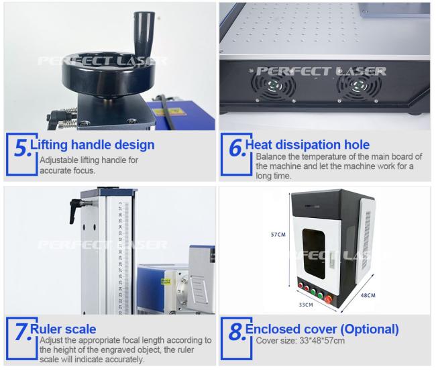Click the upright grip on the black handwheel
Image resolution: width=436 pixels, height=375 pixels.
click(144, 34)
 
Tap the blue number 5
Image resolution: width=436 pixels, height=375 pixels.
click(21, 148)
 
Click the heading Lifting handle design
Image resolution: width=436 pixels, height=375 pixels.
click(93, 145)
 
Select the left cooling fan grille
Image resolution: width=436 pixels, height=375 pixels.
click(274, 86)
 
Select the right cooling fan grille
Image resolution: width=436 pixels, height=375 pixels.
click(359, 86)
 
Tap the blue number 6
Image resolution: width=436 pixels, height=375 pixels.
click(237, 148)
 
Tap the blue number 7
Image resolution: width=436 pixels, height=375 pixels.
click(22, 332)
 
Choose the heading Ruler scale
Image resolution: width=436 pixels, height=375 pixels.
click(63, 329)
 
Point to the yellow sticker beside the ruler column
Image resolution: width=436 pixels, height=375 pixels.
click(166, 282)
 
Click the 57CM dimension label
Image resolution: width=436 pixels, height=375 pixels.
click(278, 235)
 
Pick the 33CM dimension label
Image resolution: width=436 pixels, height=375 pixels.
click(306, 305)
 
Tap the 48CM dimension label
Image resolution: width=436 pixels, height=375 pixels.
click(368, 295)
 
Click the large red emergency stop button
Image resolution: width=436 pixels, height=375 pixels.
click(329, 300)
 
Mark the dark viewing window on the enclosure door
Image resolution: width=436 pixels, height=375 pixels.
click(314, 254)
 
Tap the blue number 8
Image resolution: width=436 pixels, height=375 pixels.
click(237, 332)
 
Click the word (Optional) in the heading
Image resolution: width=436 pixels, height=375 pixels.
click(370, 329)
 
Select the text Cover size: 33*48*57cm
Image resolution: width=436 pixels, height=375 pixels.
click(301, 341)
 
